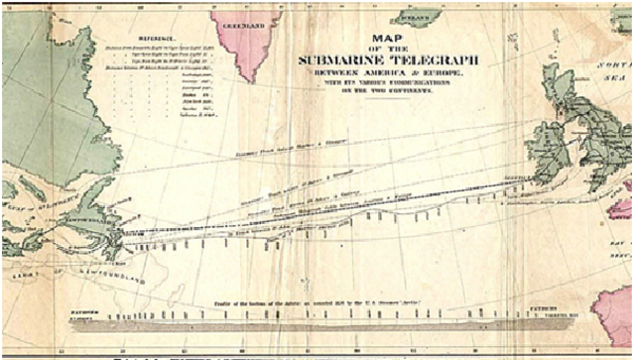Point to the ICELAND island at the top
pos(416,17)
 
